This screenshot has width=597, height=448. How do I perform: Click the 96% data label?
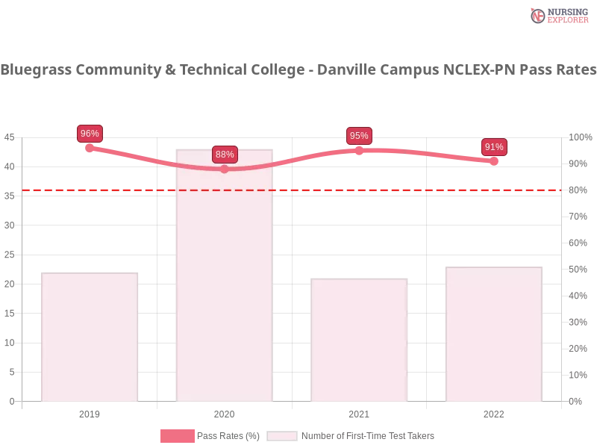(x=90, y=134)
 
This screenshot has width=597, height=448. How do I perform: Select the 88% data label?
(x=225, y=155)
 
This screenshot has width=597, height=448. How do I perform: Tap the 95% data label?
(x=359, y=136)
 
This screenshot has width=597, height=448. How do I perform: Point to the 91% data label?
(x=494, y=147)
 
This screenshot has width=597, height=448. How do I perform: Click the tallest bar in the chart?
(x=224, y=276)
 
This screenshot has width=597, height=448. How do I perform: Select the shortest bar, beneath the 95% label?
(x=361, y=340)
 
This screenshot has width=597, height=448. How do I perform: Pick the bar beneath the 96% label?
(x=90, y=336)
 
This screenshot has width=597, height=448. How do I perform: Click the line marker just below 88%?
(x=225, y=169)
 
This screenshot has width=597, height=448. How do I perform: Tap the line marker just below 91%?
(x=494, y=161)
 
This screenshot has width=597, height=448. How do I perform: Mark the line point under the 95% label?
(x=359, y=149)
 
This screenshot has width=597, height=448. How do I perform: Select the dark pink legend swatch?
(x=177, y=436)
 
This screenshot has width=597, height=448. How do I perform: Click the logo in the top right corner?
(x=557, y=16)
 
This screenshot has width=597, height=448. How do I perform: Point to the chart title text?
(x=298, y=70)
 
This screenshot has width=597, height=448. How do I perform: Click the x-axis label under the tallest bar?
(x=224, y=412)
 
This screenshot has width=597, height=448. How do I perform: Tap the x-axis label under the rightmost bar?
(x=494, y=412)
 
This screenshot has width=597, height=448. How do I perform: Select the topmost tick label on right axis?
(x=578, y=137)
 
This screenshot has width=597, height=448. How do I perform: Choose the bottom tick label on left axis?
(x=11, y=400)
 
